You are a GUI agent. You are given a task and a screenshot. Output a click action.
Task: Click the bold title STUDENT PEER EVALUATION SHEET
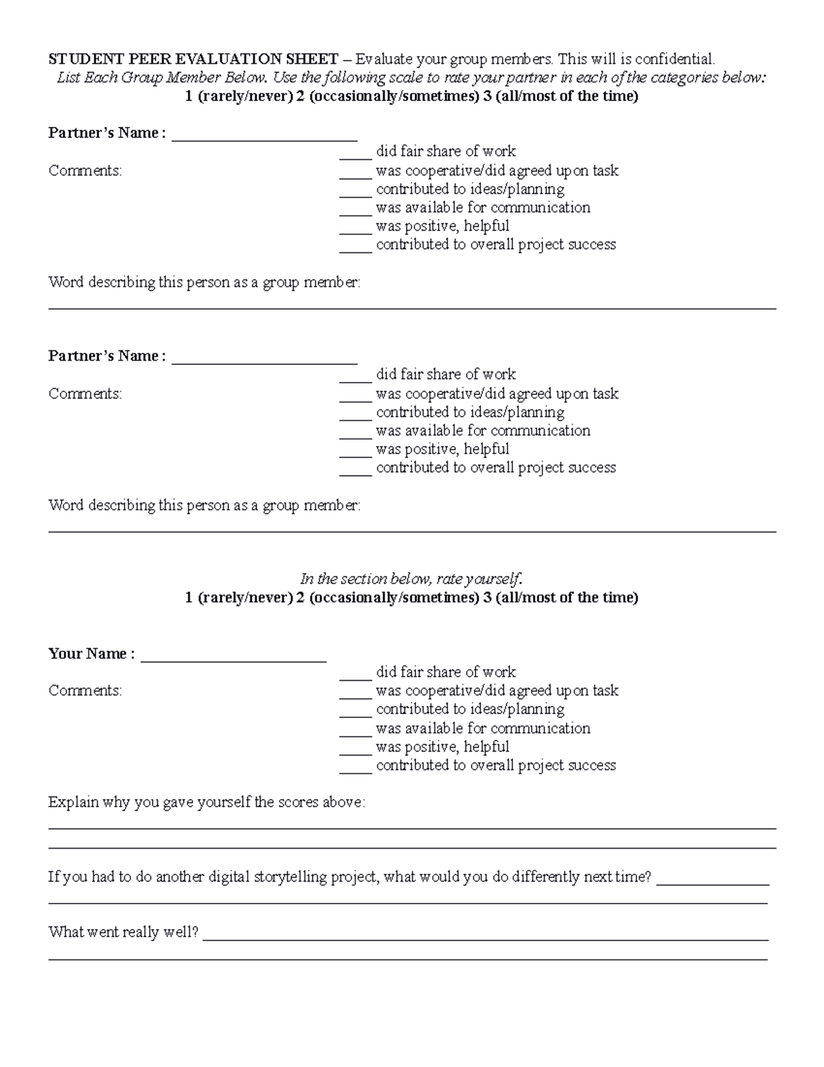pos(193,59)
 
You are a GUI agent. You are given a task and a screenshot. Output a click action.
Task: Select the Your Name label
pos(91,653)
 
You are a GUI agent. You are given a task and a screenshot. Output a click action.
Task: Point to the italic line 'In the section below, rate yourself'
pos(411,579)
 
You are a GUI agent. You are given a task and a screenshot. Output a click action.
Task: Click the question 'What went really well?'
pos(124,932)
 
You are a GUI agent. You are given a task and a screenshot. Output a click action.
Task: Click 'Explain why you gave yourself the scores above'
pos(206,802)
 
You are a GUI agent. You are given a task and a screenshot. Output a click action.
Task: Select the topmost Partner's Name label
pos(107,133)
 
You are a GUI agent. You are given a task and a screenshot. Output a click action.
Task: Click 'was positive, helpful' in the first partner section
pos(442,226)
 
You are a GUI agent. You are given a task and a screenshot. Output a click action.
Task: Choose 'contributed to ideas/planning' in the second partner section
pos(470,412)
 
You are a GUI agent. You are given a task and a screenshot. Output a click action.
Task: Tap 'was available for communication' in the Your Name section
pos(483,728)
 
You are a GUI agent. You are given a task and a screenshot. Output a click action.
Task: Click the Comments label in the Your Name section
pos(85,690)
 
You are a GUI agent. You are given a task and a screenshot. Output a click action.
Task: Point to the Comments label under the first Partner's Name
pos(85,170)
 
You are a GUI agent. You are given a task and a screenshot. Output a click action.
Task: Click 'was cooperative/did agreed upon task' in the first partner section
pos(496,170)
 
